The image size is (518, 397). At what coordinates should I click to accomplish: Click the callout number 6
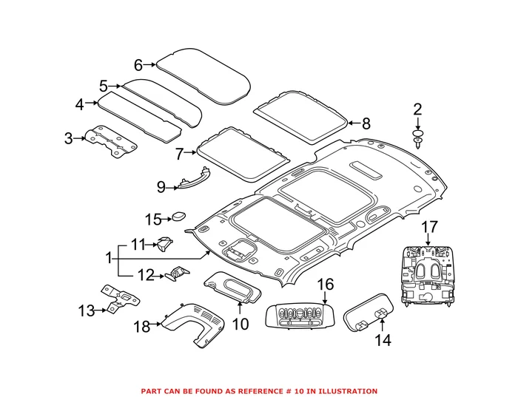(138, 64)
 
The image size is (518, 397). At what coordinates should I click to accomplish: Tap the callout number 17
(430, 226)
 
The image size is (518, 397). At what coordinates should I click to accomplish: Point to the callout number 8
(365, 124)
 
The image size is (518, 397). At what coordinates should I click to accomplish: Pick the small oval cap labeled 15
(178, 217)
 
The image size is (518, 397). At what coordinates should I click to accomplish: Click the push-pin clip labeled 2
(419, 138)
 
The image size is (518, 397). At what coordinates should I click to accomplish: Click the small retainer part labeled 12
(178, 274)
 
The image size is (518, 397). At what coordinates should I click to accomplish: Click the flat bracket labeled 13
(121, 301)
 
